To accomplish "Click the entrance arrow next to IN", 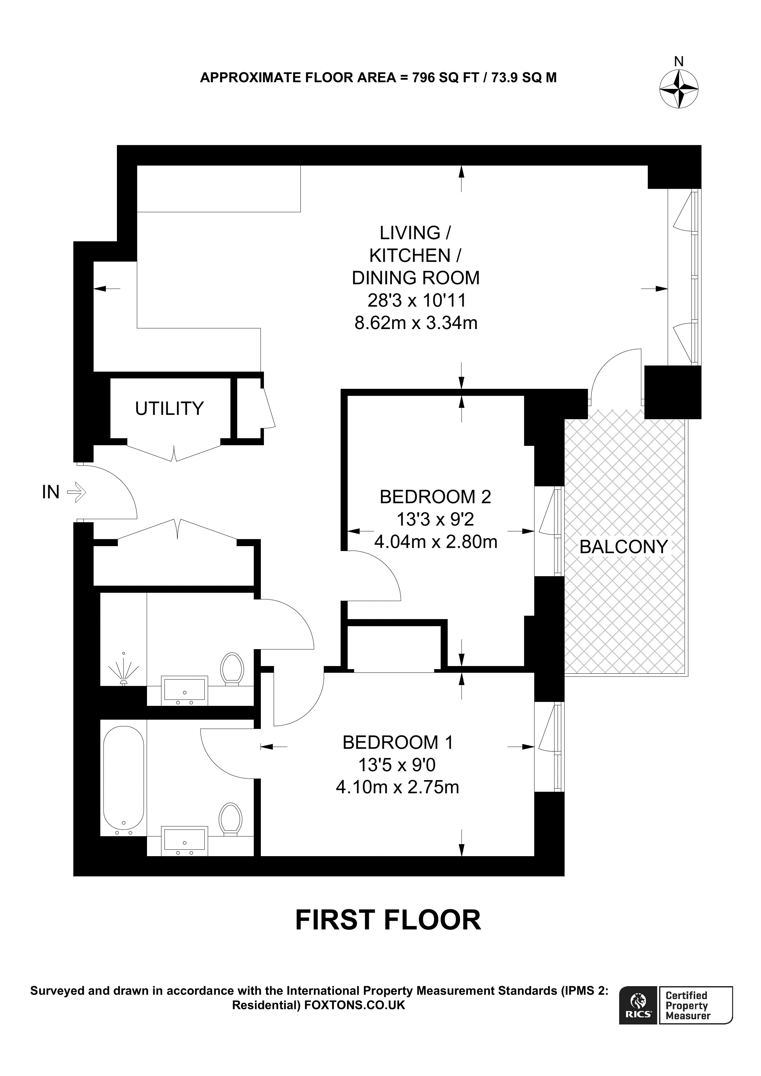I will tap(76, 493).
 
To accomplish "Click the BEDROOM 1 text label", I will tap(397, 742).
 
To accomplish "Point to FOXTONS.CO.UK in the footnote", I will tap(355, 1005).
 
